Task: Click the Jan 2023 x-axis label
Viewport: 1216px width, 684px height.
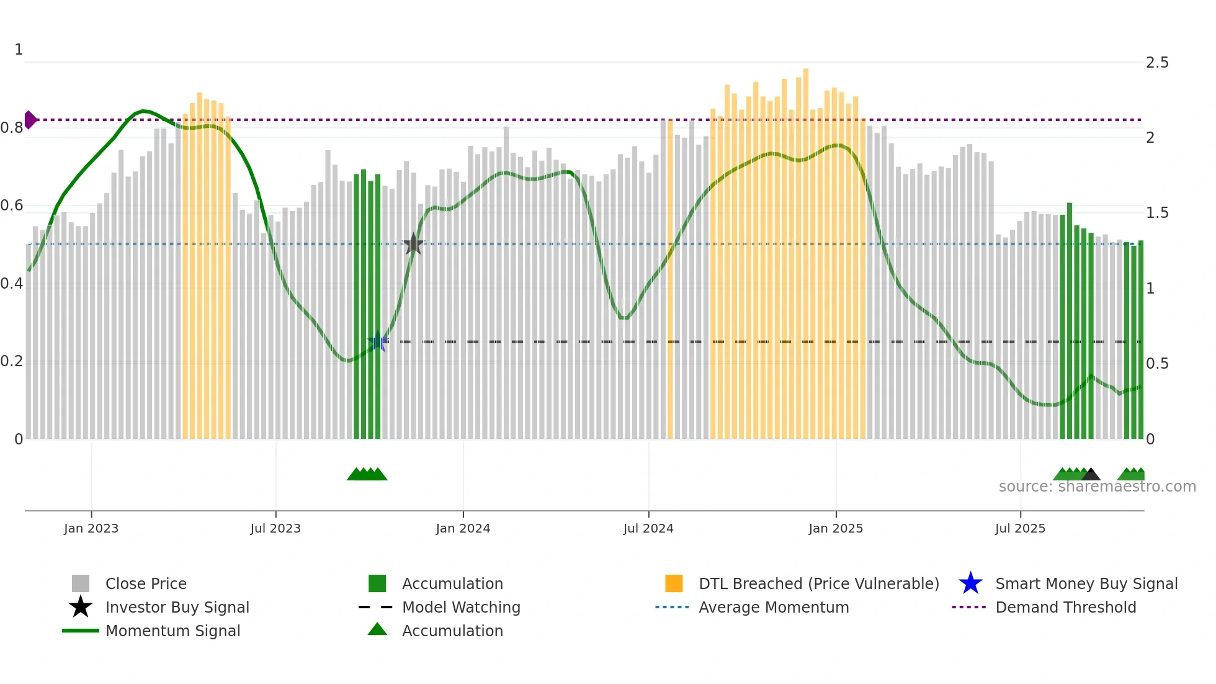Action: pyautogui.click(x=91, y=528)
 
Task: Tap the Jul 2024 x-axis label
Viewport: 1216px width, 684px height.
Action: pyautogui.click(x=648, y=528)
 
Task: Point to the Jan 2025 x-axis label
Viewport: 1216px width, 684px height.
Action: pyautogui.click(x=835, y=528)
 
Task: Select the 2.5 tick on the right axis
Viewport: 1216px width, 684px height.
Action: pyautogui.click(x=1156, y=63)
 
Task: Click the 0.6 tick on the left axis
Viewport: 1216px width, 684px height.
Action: pyautogui.click(x=12, y=205)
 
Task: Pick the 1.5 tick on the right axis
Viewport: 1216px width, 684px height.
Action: pyautogui.click(x=1156, y=213)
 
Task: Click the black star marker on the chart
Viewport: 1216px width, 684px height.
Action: pyautogui.click(x=413, y=244)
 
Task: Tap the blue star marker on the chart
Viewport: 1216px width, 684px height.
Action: pyautogui.click(x=377, y=341)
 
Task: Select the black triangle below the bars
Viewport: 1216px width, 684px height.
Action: pyautogui.click(x=1091, y=475)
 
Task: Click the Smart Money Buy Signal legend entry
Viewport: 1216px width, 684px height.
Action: pyautogui.click(x=1086, y=583)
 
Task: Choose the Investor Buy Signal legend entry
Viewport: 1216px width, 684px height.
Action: pyautogui.click(x=177, y=607)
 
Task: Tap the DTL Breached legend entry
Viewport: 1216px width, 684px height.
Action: pyautogui.click(x=818, y=583)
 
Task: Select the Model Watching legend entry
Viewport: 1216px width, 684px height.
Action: pyautogui.click(x=460, y=607)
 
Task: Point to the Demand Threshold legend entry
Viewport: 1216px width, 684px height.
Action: pyautogui.click(x=1065, y=607)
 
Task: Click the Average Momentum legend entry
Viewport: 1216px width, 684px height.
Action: pyautogui.click(x=773, y=607)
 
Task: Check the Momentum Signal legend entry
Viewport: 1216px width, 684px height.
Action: pyautogui.click(x=172, y=631)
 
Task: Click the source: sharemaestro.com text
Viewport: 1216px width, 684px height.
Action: pyautogui.click(x=1097, y=487)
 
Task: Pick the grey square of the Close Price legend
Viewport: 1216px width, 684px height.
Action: pyautogui.click(x=81, y=583)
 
